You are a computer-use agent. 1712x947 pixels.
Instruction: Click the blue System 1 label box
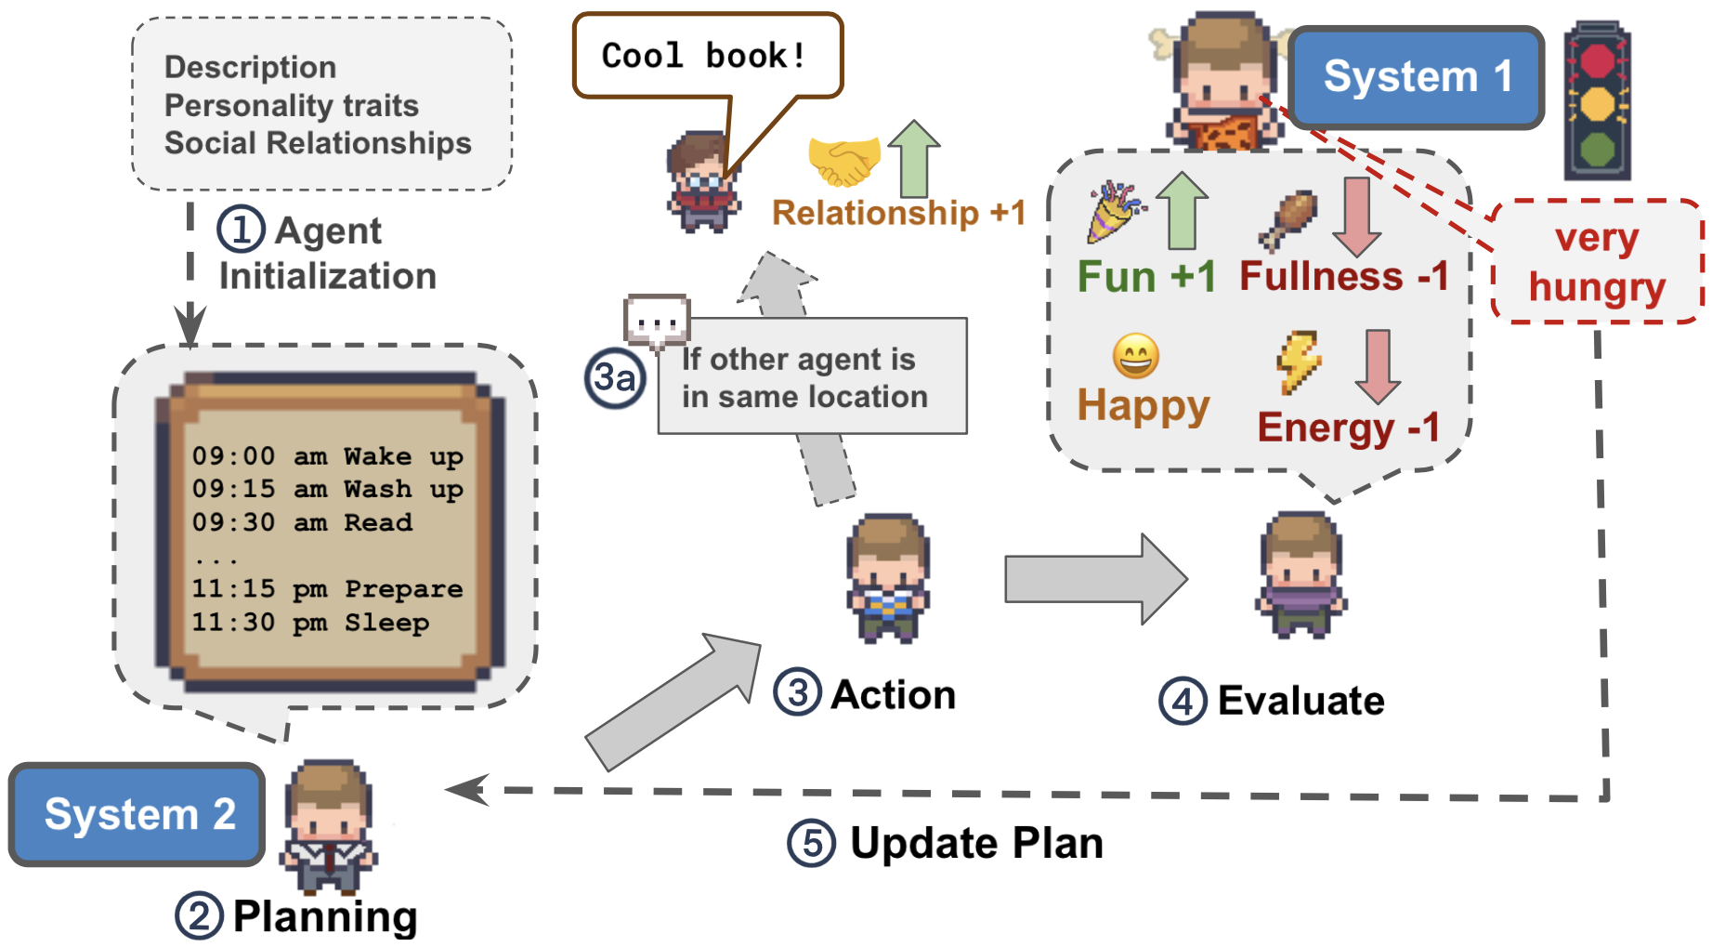(x=1416, y=77)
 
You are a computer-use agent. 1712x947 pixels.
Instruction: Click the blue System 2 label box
(x=138, y=814)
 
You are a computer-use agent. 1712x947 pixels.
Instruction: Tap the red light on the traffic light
(x=1597, y=61)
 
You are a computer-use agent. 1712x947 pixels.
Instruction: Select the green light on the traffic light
(x=1597, y=149)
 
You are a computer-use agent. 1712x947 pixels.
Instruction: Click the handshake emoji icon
(x=843, y=161)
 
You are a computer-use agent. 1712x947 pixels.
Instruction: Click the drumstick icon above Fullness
(x=1288, y=219)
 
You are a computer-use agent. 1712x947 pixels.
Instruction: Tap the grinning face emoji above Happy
(x=1135, y=356)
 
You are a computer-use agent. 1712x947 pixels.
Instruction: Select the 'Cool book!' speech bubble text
(x=703, y=56)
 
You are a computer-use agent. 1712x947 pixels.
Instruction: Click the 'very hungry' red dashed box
(x=1597, y=263)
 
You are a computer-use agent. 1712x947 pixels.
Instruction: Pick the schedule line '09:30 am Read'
(x=302, y=522)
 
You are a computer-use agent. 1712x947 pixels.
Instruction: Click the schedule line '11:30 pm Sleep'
(x=310, y=622)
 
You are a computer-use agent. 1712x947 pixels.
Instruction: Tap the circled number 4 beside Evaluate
(x=1183, y=702)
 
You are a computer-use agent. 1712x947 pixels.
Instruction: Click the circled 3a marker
(x=615, y=378)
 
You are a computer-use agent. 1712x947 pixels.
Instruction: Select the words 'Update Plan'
(x=976, y=843)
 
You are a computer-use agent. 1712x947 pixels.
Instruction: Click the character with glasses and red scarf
(x=703, y=183)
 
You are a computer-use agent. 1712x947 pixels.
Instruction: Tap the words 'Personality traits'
(x=292, y=105)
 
